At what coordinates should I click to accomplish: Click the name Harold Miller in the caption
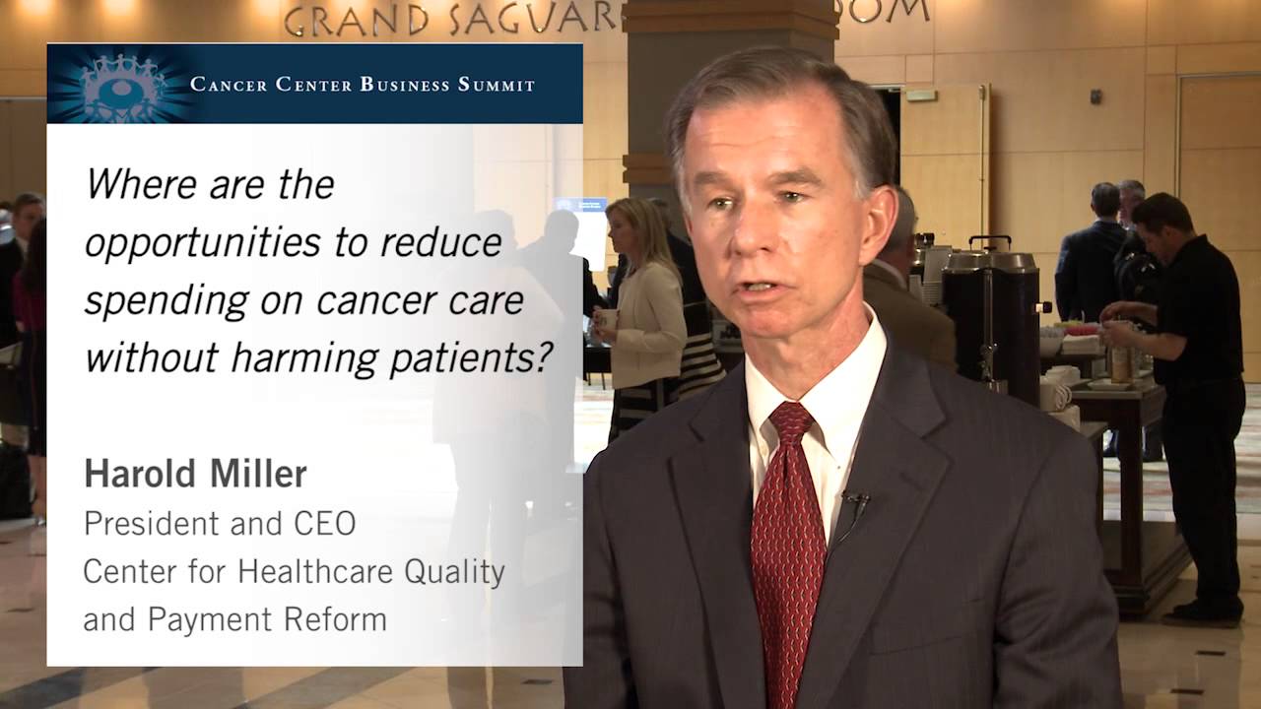tap(195, 475)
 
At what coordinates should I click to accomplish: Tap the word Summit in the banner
tap(497, 85)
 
